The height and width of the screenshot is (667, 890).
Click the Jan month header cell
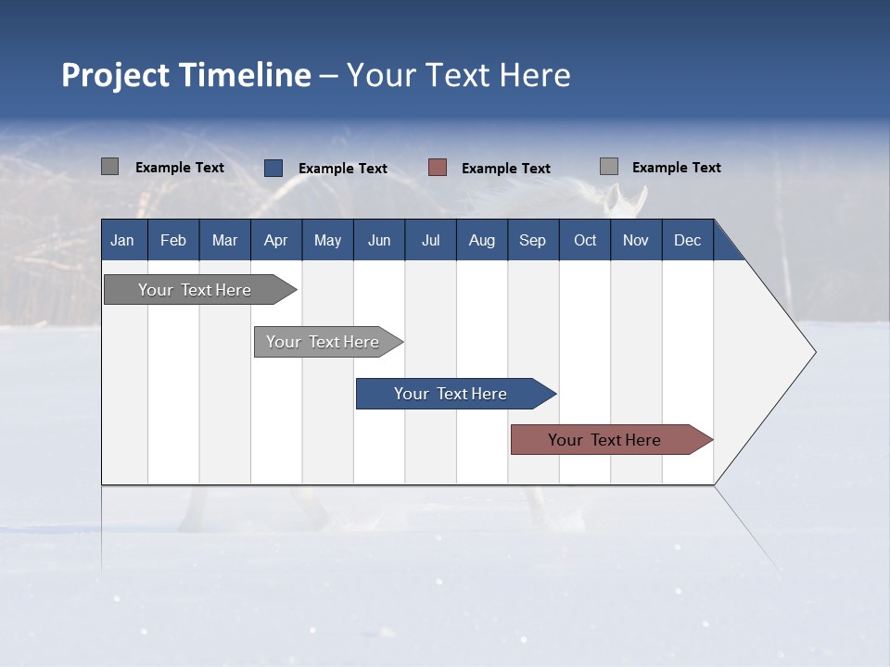pos(122,240)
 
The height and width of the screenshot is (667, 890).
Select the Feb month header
pos(173,240)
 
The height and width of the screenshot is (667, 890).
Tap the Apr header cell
pos(275,240)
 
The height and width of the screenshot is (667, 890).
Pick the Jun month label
pos(379,240)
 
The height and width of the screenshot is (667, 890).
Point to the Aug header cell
pos(481,240)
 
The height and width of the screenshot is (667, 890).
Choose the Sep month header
pos(532,240)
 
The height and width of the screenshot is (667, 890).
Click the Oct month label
pos(585,240)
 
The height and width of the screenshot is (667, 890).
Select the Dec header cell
pos(687,240)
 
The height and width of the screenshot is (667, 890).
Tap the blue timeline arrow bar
pos(451,394)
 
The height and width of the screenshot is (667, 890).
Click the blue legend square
pos(273,168)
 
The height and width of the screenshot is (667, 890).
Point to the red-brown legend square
pos(438,168)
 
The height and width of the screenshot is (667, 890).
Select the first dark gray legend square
pos(110,167)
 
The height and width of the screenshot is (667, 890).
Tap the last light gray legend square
pos(609,167)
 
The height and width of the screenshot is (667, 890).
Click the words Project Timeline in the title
pos(185,75)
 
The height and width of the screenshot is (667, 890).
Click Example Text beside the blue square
pos(343,169)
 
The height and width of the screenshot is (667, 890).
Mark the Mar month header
pos(224,240)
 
